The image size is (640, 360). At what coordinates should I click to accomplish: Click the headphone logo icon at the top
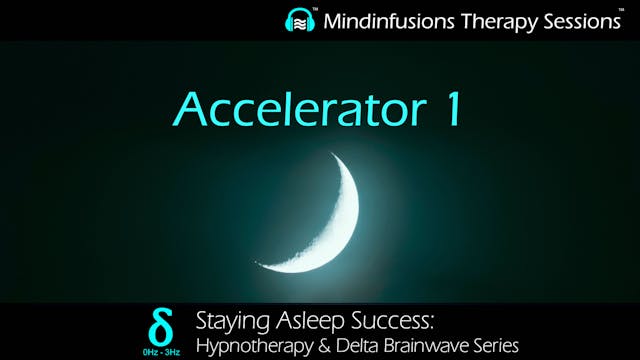coord(299,20)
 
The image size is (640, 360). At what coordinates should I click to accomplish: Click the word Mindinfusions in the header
coord(389,19)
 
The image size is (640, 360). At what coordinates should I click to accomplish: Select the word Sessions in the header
coord(576,19)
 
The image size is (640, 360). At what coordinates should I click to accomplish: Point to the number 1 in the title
coord(453,107)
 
